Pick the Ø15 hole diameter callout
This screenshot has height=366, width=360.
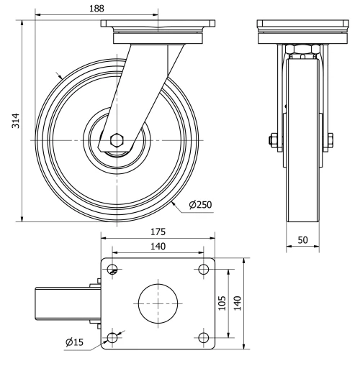pyautogui.click(x=74, y=342)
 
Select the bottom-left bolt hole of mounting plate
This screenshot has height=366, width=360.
pyautogui.click(x=112, y=337)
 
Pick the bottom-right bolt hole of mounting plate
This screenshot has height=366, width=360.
pyautogui.click(x=204, y=337)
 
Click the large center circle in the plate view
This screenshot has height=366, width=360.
pyautogui.click(x=158, y=303)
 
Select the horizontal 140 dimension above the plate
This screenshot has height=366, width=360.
pyautogui.click(x=158, y=247)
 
